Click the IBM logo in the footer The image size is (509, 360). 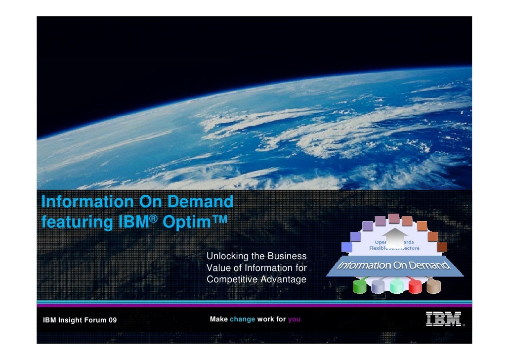[443, 319]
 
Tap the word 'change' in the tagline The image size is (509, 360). [242, 319]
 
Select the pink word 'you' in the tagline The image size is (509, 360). [294, 319]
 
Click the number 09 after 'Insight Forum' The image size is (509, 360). [112, 320]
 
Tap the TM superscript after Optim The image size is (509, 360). [218, 218]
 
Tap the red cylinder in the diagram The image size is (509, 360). [414, 286]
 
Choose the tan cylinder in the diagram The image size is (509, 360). [433, 286]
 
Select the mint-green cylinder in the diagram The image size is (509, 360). [396, 286]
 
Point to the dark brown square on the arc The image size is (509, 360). [442, 247]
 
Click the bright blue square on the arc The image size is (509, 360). [346, 247]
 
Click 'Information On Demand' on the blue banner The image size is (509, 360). [393, 265]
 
